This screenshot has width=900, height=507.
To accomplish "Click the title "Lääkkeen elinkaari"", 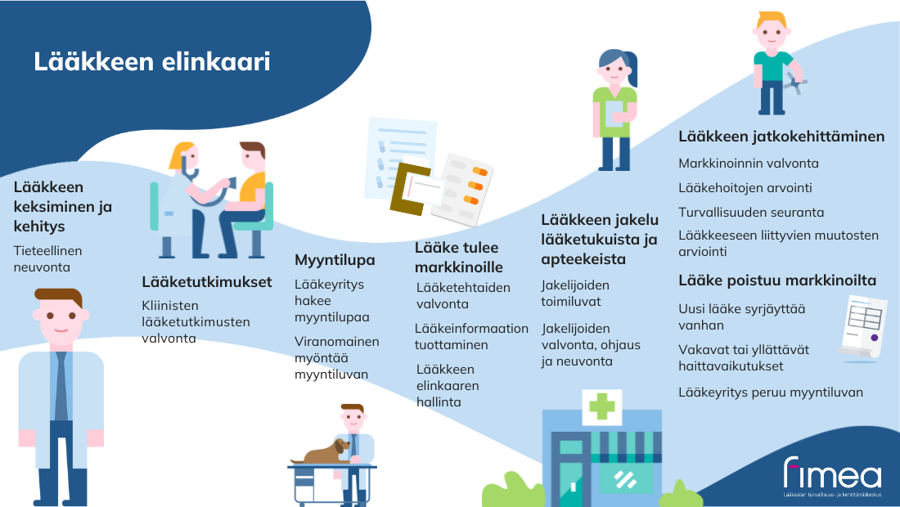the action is tap(151, 62).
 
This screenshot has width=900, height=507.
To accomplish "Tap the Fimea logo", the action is tap(832, 476).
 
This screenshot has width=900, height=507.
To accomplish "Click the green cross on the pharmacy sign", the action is tap(602, 406).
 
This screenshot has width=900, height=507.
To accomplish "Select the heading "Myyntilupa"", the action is tap(335, 260).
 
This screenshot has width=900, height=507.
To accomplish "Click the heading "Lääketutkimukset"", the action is tap(207, 281).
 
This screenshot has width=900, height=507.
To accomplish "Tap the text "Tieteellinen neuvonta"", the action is tap(47, 258).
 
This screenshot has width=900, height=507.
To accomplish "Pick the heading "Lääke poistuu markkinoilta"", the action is tap(777, 280).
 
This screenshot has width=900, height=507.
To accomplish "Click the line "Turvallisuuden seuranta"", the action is tap(751, 213).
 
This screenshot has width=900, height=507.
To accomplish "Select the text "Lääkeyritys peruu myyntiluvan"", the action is tap(770, 393).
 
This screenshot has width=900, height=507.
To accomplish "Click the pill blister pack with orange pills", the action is tap(462, 188).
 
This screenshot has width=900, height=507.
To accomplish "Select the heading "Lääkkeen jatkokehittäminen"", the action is tap(781, 137).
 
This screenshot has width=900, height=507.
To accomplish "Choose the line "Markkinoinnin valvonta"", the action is tap(749, 164).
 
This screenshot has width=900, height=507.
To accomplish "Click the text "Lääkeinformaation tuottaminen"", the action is tap(471, 337).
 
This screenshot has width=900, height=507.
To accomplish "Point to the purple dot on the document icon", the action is tap(874, 338).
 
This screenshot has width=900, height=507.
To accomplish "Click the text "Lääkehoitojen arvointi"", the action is tap(745, 187).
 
